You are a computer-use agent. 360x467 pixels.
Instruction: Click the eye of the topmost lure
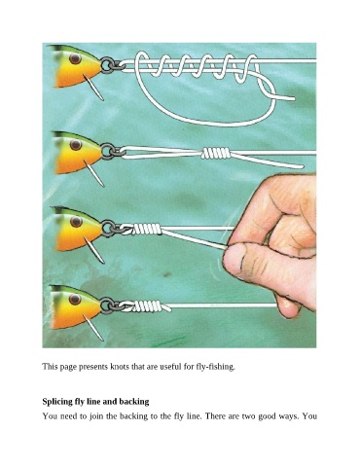pos(75,58)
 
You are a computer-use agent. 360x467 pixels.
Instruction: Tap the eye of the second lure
pos(76,145)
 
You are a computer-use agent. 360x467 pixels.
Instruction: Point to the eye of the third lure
pos(76,222)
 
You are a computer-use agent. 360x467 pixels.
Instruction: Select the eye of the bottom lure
pos(75,299)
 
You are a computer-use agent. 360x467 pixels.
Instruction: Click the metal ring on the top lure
pos(107,65)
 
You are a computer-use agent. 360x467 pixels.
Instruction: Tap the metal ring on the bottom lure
pos(107,305)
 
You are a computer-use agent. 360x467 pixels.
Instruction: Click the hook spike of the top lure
pos(93,88)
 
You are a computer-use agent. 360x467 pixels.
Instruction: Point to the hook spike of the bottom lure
pos(93,328)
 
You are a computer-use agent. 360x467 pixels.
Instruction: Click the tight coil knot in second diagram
pos(215,153)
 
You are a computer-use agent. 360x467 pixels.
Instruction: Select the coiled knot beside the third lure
pos(147,229)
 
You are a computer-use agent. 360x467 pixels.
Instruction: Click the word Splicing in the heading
pos(55,402)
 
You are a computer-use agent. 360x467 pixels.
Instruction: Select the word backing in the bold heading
pos(134,402)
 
